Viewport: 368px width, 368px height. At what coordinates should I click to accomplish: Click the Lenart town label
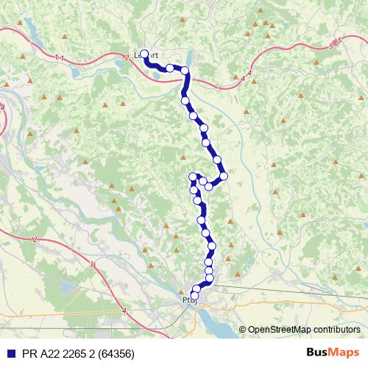click(x=147, y=54)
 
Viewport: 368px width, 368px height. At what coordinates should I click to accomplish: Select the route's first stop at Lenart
click(x=145, y=54)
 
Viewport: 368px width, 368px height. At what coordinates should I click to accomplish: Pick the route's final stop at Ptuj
click(x=195, y=296)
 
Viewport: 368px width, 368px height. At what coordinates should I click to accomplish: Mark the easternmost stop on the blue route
click(x=224, y=176)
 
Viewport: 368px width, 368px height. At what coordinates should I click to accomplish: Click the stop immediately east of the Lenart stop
click(x=170, y=68)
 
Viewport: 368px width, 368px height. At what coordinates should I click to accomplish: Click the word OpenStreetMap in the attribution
click(x=280, y=330)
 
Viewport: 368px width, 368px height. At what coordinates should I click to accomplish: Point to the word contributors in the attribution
click(x=337, y=330)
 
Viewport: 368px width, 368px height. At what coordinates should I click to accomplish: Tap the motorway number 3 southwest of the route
click(x=91, y=263)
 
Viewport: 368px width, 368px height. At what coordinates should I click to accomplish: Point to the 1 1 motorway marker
click(x=59, y=57)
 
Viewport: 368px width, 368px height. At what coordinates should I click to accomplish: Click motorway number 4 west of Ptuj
click(x=124, y=311)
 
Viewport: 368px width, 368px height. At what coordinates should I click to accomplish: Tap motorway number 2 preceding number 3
click(x=35, y=239)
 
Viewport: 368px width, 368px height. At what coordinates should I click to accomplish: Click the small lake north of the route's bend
click(x=193, y=59)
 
